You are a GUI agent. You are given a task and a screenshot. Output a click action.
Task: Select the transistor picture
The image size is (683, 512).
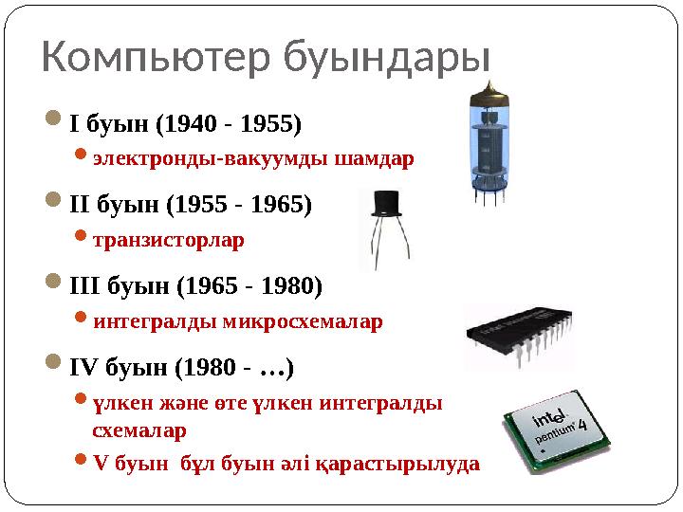388,228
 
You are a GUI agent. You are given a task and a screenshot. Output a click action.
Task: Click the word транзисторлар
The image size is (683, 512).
168,240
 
